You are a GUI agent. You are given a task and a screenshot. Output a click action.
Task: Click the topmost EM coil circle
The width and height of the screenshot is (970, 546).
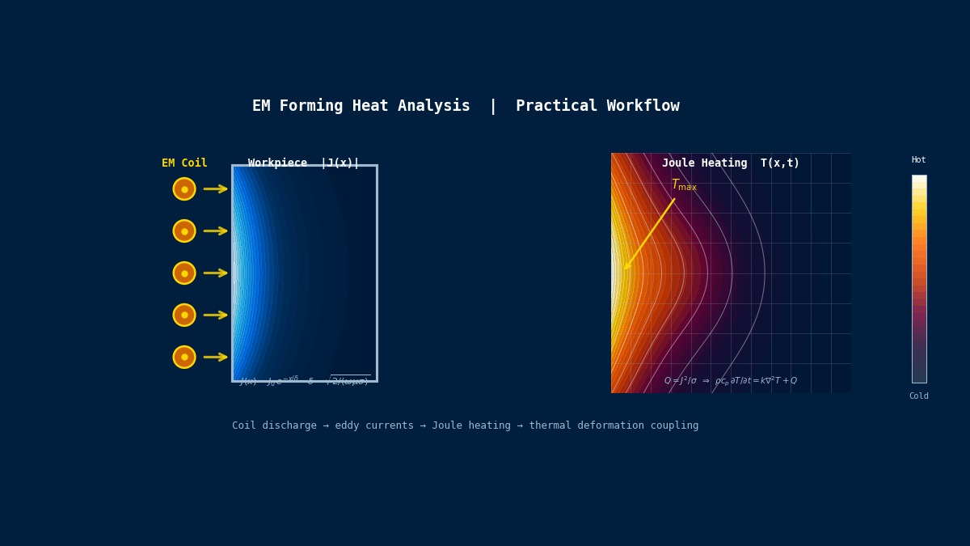pyautogui.click(x=184, y=189)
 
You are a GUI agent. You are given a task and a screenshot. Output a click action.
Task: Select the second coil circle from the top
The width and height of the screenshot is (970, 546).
pyautogui.click(x=184, y=231)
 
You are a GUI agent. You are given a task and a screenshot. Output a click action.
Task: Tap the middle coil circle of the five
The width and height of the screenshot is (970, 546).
pyautogui.click(x=184, y=273)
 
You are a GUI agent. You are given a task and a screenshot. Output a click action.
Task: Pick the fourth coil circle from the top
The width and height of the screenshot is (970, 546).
pyautogui.click(x=184, y=315)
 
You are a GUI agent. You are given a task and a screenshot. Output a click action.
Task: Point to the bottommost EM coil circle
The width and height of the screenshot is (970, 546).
pyautogui.click(x=184, y=358)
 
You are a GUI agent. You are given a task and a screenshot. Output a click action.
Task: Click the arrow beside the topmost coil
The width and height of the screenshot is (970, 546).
pyautogui.click(x=215, y=189)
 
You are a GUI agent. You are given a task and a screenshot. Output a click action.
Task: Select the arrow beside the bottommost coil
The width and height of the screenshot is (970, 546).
pyautogui.click(x=215, y=358)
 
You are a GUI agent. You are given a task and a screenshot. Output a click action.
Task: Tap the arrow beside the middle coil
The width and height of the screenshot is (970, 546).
pyautogui.click(x=215, y=273)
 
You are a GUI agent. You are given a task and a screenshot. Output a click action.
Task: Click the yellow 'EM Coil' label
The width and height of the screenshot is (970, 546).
pyautogui.click(x=184, y=163)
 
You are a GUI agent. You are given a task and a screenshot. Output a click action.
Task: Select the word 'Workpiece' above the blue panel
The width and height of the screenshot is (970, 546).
pyautogui.click(x=277, y=163)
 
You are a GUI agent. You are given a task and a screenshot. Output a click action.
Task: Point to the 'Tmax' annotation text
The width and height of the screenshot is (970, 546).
pyautogui.click(x=684, y=185)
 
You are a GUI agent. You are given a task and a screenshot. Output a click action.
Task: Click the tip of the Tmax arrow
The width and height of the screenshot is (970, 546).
pyautogui.click(x=625, y=269)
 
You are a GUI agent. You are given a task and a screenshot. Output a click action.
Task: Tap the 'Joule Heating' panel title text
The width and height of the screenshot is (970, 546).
pyautogui.click(x=704, y=163)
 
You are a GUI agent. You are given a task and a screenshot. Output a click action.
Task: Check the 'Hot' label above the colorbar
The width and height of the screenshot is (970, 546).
pyautogui.click(x=919, y=160)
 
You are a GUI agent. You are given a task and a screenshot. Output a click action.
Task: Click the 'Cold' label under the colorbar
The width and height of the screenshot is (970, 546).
pyautogui.click(x=919, y=396)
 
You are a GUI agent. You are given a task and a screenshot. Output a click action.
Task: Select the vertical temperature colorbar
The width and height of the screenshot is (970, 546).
pyautogui.click(x=919, y=279)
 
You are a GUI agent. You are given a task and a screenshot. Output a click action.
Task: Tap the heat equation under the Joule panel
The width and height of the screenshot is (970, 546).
pyautogui.click(x=730, y=381)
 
